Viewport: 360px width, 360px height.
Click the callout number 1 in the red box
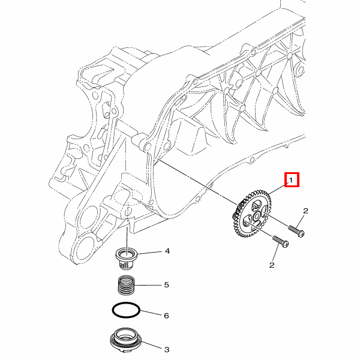tap(291, 180)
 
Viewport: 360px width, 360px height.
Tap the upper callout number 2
tap(305, 211)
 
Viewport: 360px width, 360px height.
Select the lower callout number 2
tap(272, 265)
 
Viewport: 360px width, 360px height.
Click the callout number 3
tap(167, 350)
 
